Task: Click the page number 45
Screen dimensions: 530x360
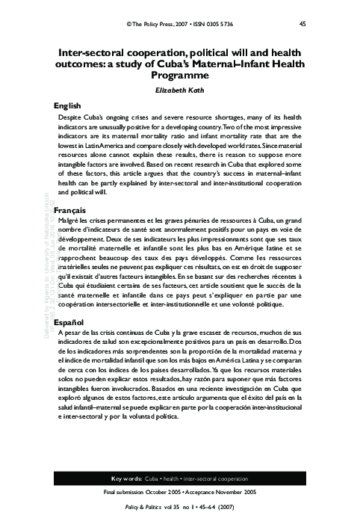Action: (x=302, y=24)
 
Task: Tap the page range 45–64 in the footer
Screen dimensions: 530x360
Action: (x=203, y=509)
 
